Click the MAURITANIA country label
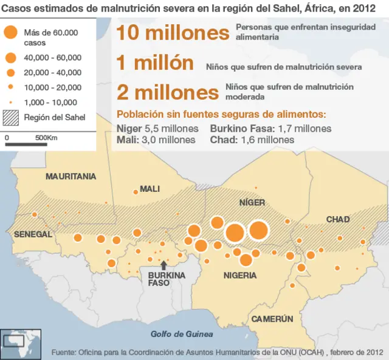[71, 176]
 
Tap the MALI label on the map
[150, 189]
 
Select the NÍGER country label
[252, 202]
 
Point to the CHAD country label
[338, 219]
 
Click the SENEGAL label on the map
[33, 234]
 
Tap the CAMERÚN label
[272, 319]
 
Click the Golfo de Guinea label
[182, 334]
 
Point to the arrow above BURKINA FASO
[163, 265]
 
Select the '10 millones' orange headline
[173, 32]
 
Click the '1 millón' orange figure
[155, 63]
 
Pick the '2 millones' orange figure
[167, 92]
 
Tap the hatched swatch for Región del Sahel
[10, 117]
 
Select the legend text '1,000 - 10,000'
[50, 103]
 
